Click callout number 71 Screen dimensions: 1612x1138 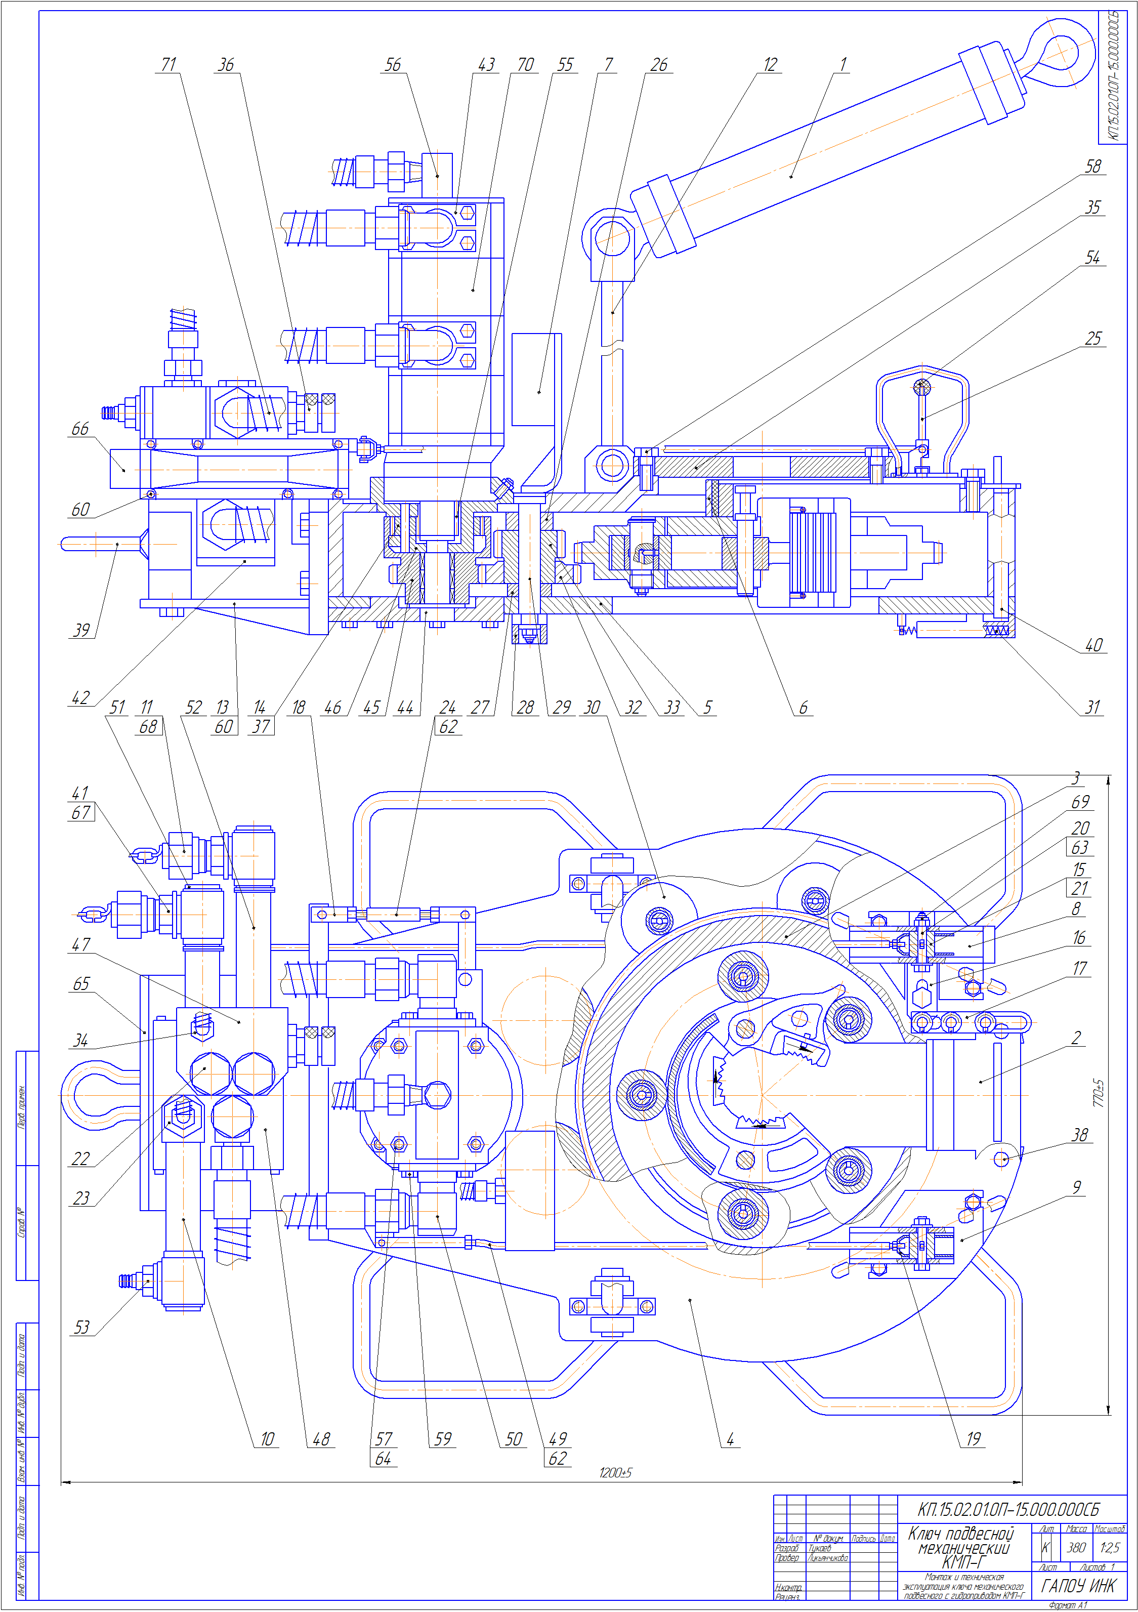point(168,65)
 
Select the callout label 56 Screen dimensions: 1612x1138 point(393,65)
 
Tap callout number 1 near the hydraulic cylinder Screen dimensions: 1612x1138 point(842,65)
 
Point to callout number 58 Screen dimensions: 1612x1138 point(1093,167)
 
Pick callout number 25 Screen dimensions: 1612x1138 point(1093,339)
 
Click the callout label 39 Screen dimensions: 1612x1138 point(81,630)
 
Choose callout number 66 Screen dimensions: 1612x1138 point(80,428)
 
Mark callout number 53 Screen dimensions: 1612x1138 point(81,1327)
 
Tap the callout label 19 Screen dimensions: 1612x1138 point(973,1438)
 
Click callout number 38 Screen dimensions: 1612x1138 point(1080,1135)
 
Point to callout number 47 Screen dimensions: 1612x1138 point(81,944)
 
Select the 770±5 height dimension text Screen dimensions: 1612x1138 point(1099,1093)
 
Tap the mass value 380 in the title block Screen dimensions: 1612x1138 point(1076,1547)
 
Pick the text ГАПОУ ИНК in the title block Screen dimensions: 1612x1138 point(1078,1585)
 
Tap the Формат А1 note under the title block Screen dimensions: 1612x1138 point(1067,1605)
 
